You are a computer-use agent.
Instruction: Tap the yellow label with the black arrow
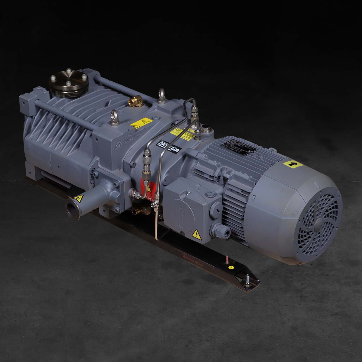[293, 164]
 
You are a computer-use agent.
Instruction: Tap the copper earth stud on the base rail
[224, 260]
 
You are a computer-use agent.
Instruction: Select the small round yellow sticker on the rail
[231, 267]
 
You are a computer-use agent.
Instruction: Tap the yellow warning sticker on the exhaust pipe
[78, 198]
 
